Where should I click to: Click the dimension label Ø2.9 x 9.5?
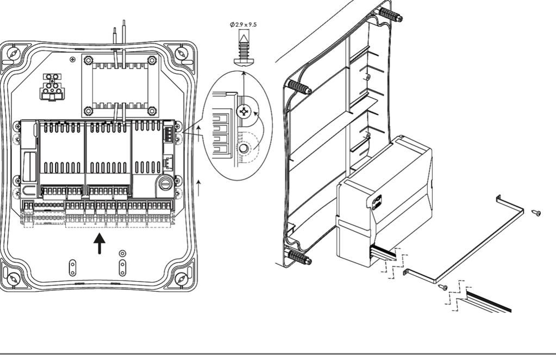tap(243, 24)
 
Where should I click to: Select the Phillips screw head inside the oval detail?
tap(245, 113)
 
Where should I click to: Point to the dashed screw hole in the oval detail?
tap(245, 147)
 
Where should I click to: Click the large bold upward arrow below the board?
tap(99, 244)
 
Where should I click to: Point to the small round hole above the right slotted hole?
tap(122, 253)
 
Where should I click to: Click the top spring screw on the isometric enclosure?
tap(390, 15)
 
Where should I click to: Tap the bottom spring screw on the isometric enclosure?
tap(299, 258)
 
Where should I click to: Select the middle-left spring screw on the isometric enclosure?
tap(299, 88)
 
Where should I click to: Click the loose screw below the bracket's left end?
tap(443, 287)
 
